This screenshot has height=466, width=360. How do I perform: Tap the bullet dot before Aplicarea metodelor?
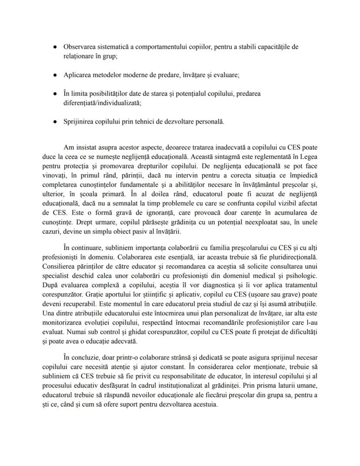[x=55, y=75]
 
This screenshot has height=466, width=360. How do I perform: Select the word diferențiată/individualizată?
[x=103, y=104]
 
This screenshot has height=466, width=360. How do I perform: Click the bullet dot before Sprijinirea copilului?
[x=55, y=121]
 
